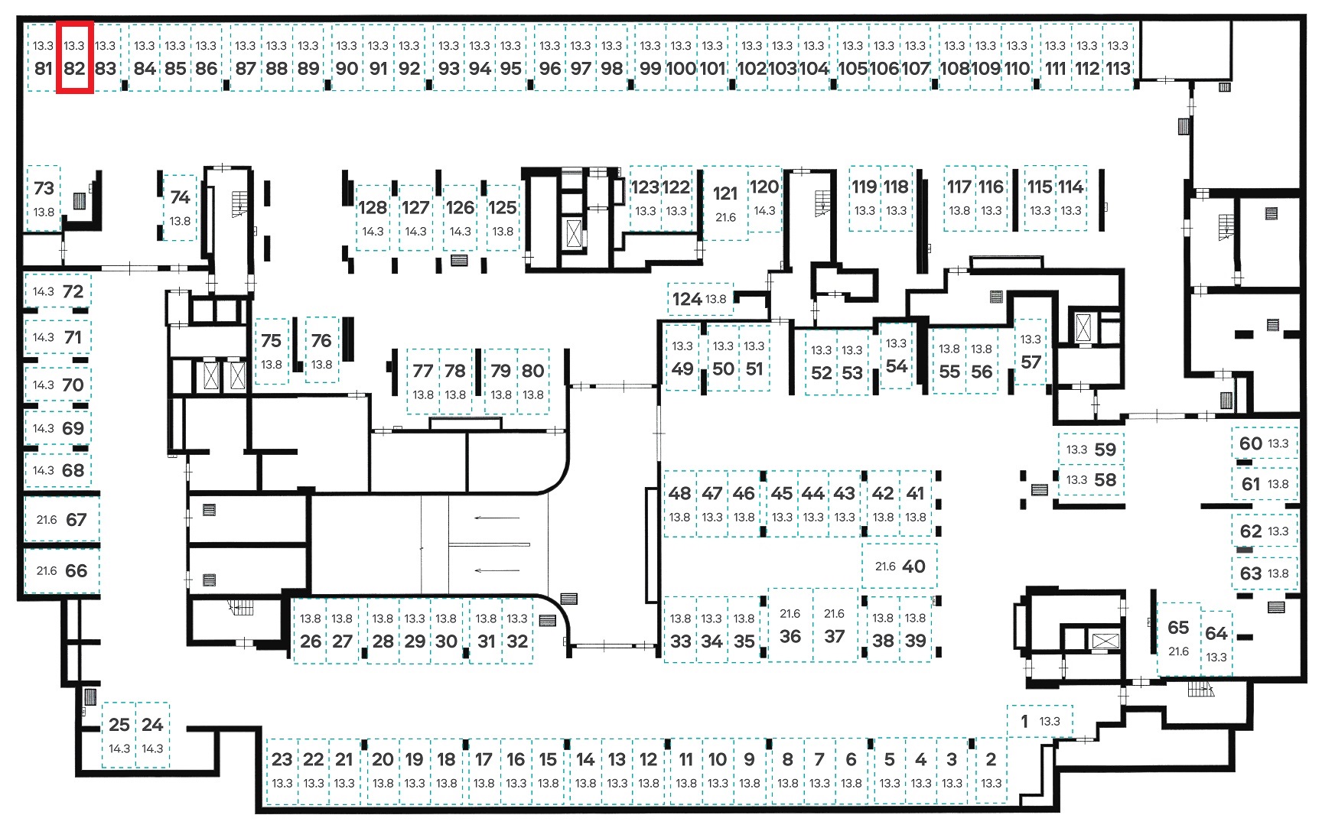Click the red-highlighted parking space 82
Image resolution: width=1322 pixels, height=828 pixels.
75,57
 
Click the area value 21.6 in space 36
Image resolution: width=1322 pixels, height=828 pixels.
790,614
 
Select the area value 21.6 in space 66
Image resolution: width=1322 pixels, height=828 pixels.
47,571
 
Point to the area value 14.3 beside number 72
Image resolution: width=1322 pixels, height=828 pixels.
43,291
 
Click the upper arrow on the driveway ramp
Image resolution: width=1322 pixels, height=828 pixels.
497,518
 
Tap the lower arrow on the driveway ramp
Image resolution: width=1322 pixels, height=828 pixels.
497,570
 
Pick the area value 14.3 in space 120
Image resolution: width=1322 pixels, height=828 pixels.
764,211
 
